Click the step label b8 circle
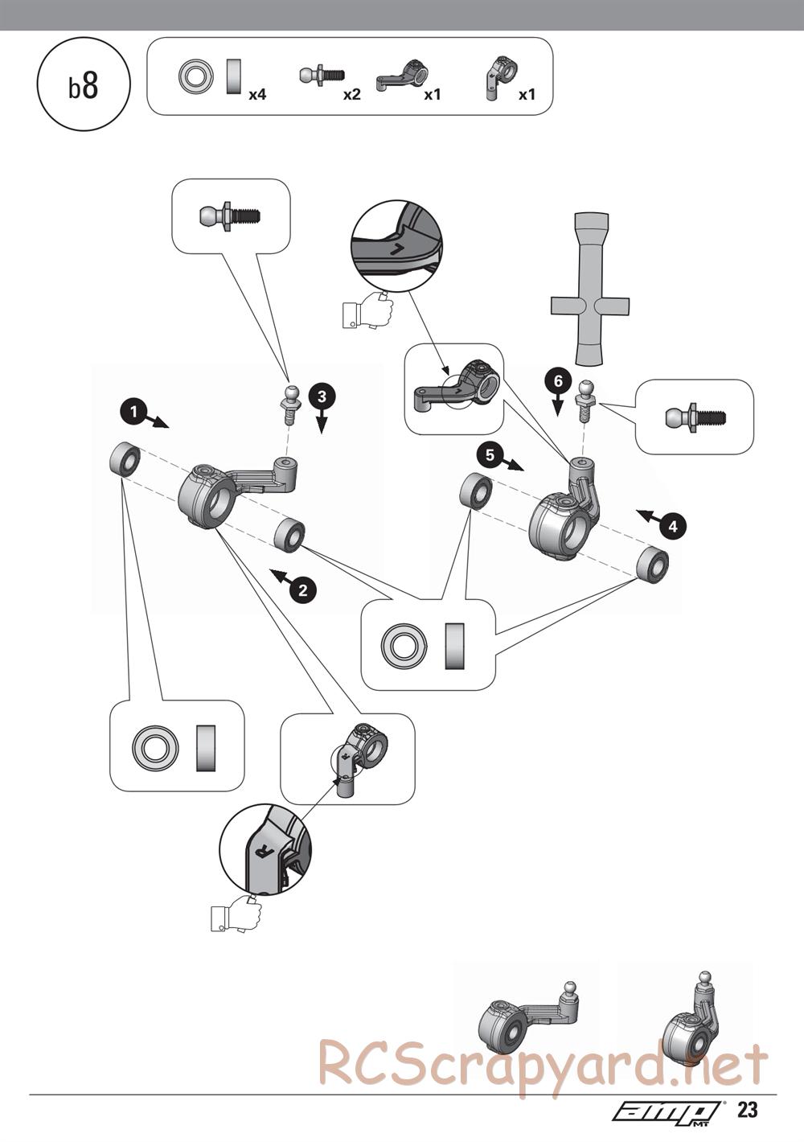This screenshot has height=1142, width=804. [84, 86]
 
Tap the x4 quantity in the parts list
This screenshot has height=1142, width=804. [257, 95]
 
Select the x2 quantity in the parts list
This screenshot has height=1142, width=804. [351, 95]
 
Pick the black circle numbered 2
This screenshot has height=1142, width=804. [302, 590]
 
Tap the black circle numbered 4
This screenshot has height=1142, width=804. [673, 526]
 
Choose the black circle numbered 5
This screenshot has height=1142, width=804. [489, 454]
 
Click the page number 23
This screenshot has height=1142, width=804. [747, 1110]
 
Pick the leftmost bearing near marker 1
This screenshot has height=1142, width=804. [125, 459]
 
